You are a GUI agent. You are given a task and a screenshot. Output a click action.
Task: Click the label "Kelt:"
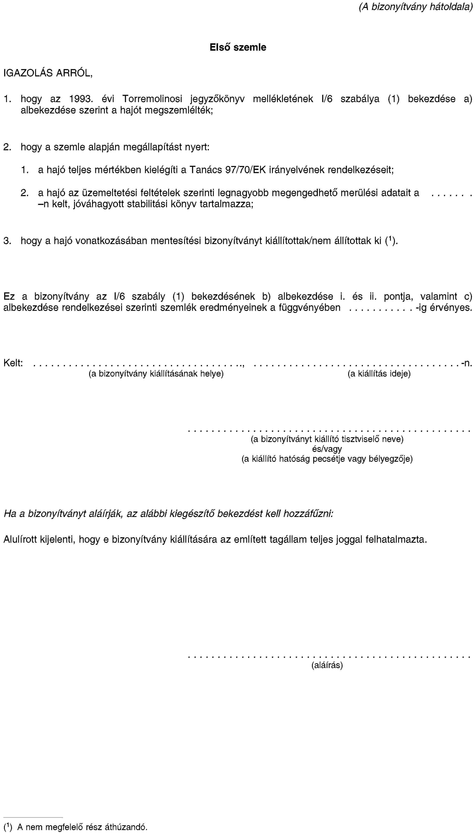[x=13, y=363]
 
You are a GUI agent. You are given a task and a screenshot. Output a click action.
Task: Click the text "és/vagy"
[x=327, y=449]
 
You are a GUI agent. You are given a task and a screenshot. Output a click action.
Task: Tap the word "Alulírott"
[x=20, y=539]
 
